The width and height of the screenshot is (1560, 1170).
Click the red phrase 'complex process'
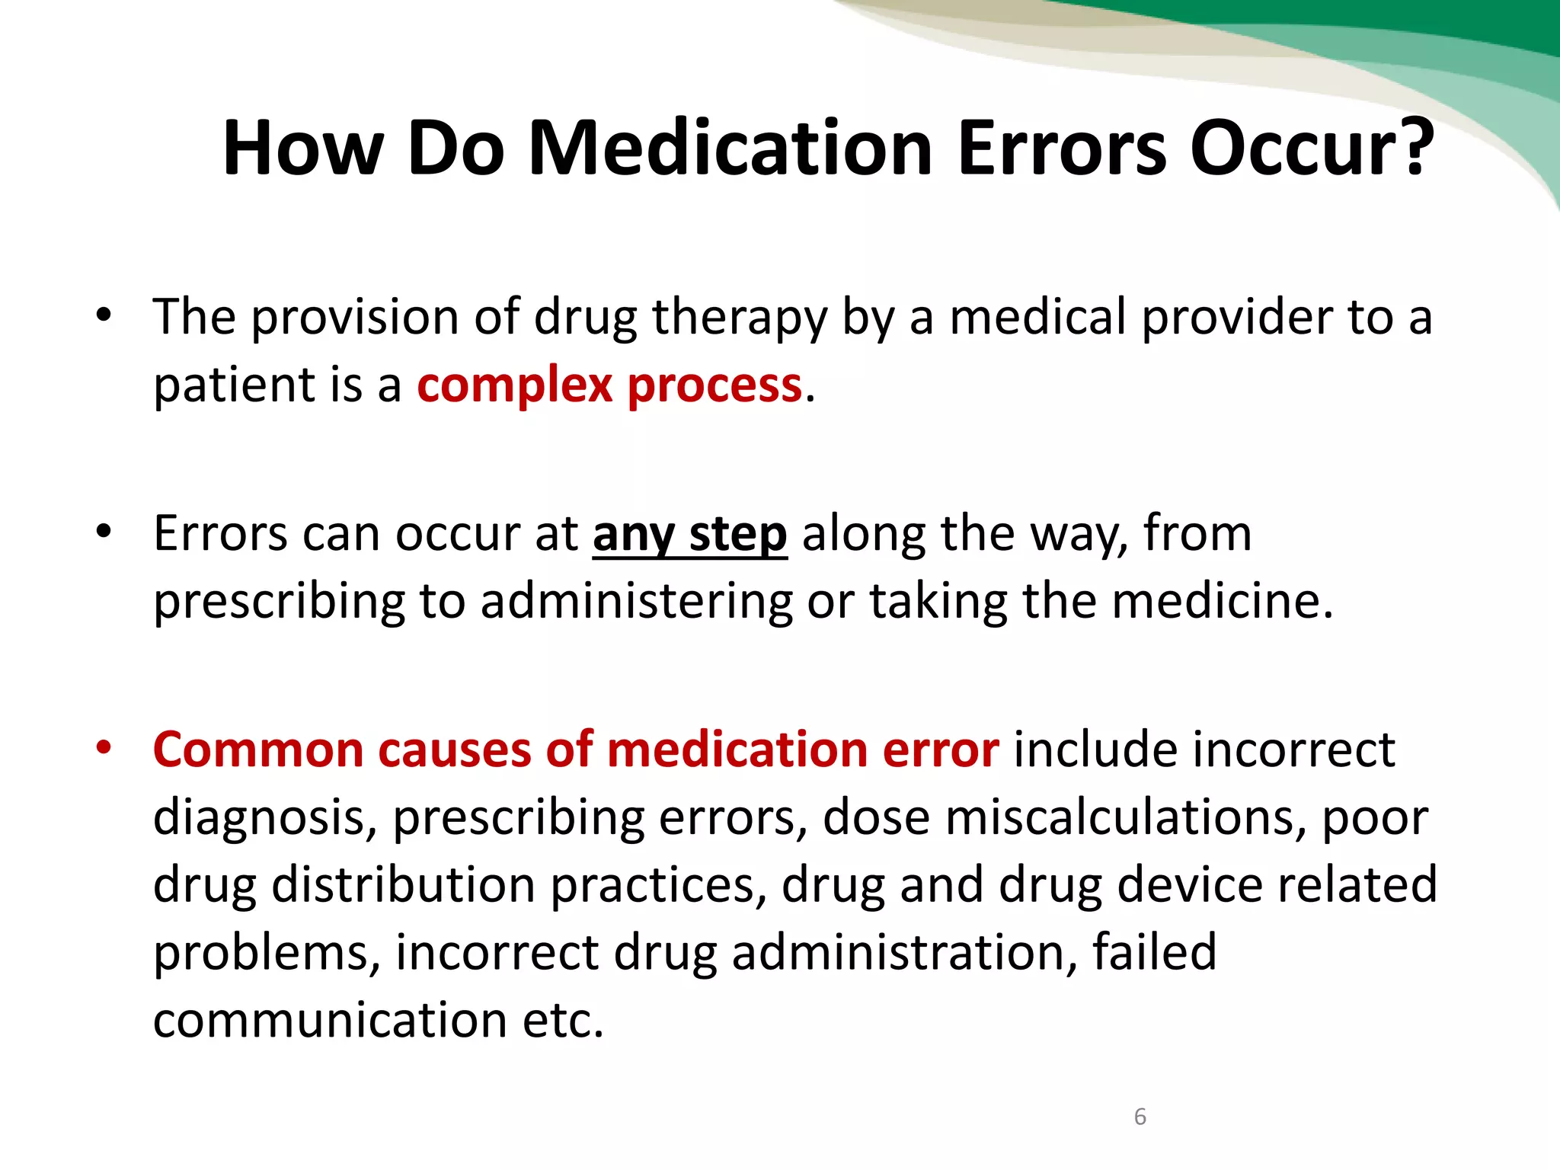tap(609, 385)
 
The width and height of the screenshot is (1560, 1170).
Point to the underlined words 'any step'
tap(689, 535)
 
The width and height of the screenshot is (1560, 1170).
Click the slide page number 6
tap(1140, 1117)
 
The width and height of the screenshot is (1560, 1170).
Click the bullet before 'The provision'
tap(104, 315)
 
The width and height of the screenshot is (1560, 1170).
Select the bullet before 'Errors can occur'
tap(104, 531)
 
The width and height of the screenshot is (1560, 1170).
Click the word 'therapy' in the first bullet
tap(739, 318)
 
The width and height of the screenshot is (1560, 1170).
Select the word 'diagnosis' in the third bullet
tap(265, 819)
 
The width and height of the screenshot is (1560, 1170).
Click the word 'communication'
tap(330, 1020)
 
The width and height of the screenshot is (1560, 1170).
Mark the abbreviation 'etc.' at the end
tap(563, 1020)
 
